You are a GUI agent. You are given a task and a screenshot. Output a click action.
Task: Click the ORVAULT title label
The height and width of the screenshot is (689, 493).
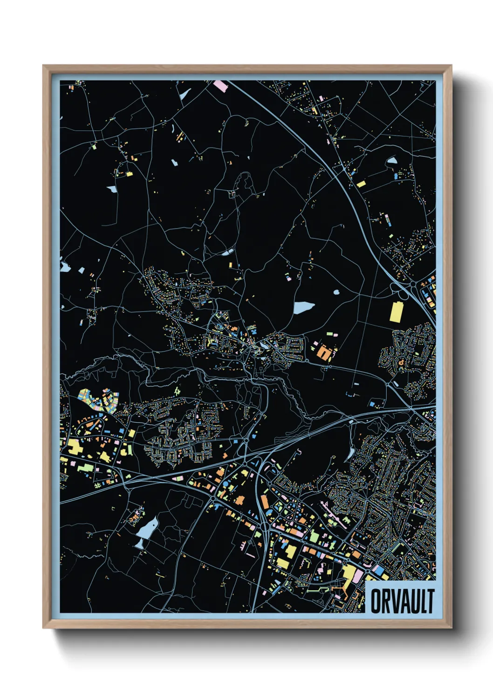point(402,601)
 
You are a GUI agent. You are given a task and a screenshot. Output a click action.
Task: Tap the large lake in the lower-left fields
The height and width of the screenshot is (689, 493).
point(147,528)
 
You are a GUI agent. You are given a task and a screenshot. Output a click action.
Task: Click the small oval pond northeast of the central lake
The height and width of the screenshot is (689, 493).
point(336,293)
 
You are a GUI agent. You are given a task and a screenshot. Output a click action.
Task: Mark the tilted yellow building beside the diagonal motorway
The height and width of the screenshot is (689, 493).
point(361,184)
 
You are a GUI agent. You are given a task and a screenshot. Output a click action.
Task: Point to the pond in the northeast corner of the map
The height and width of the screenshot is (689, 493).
point(391,161)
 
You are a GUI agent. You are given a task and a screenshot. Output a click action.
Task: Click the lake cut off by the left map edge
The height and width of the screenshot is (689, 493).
point(64,267)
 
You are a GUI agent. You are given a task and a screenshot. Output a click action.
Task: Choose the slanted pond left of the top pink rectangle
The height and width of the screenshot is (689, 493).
point(185,95)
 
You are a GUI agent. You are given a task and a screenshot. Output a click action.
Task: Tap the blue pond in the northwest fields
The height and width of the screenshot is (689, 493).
point(112,189)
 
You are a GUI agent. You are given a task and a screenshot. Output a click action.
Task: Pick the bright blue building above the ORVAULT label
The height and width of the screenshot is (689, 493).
point(379,570)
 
